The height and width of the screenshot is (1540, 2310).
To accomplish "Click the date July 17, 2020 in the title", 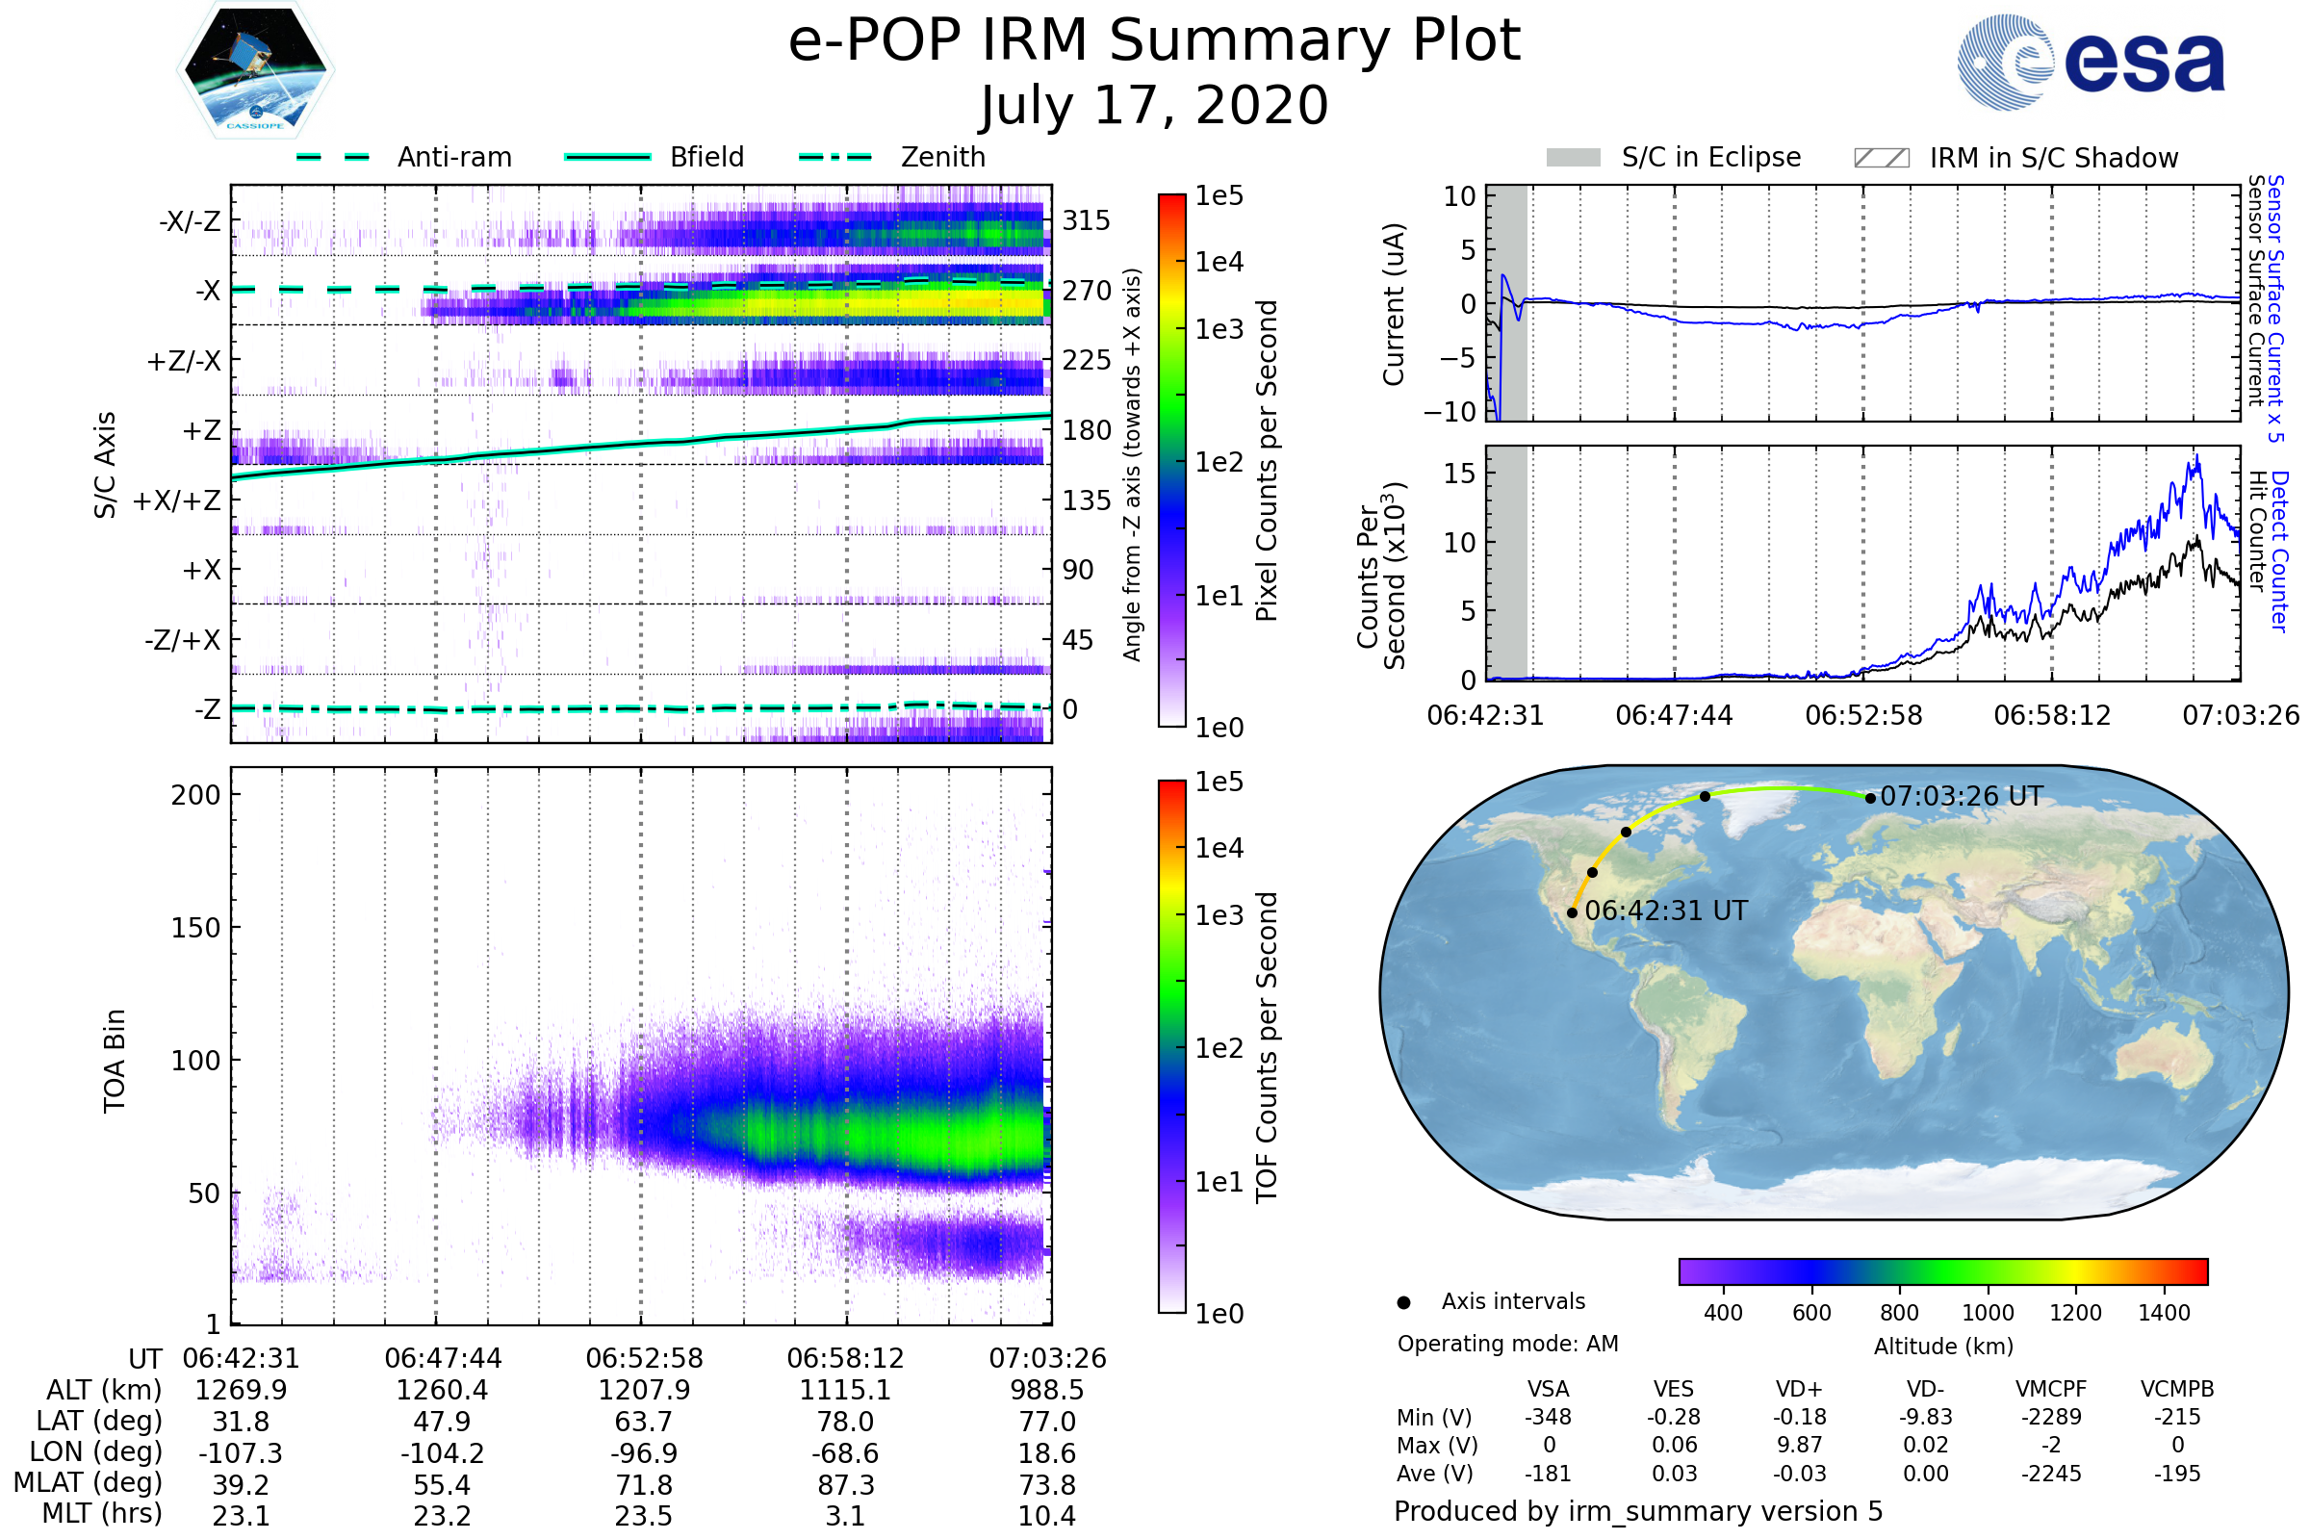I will click(x=1154, y=105).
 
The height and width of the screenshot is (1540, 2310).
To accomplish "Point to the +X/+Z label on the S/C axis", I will click(x=177, y=500).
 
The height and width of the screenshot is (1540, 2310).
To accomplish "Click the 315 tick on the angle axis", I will click(x=1086, y=220).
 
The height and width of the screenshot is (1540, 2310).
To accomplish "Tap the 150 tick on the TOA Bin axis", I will click(x=195, y=927).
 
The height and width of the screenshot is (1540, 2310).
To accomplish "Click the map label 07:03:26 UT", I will click(x=1961, y=796).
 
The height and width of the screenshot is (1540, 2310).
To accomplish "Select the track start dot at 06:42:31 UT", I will click(x=1573, y=912).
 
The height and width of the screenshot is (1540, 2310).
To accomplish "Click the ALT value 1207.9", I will click(x=644, y=1390).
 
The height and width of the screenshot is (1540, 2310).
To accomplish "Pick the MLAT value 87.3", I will click(x=846, y=1484).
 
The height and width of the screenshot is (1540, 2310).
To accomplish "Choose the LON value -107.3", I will click(x=241, y=1452).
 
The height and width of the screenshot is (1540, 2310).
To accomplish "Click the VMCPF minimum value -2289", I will click(x=2051, y=1417).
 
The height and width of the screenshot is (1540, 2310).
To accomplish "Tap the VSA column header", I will click(x=1548, y=1389).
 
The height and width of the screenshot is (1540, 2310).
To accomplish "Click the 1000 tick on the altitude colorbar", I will click(x=1987, y=1313).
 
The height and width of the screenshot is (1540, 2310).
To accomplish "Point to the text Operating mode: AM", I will click(x=1507, y=1344).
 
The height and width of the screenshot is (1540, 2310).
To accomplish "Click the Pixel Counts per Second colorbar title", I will click(x=1267, y=460).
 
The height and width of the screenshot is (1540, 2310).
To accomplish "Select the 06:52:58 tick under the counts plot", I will click(x=1863, y=715).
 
